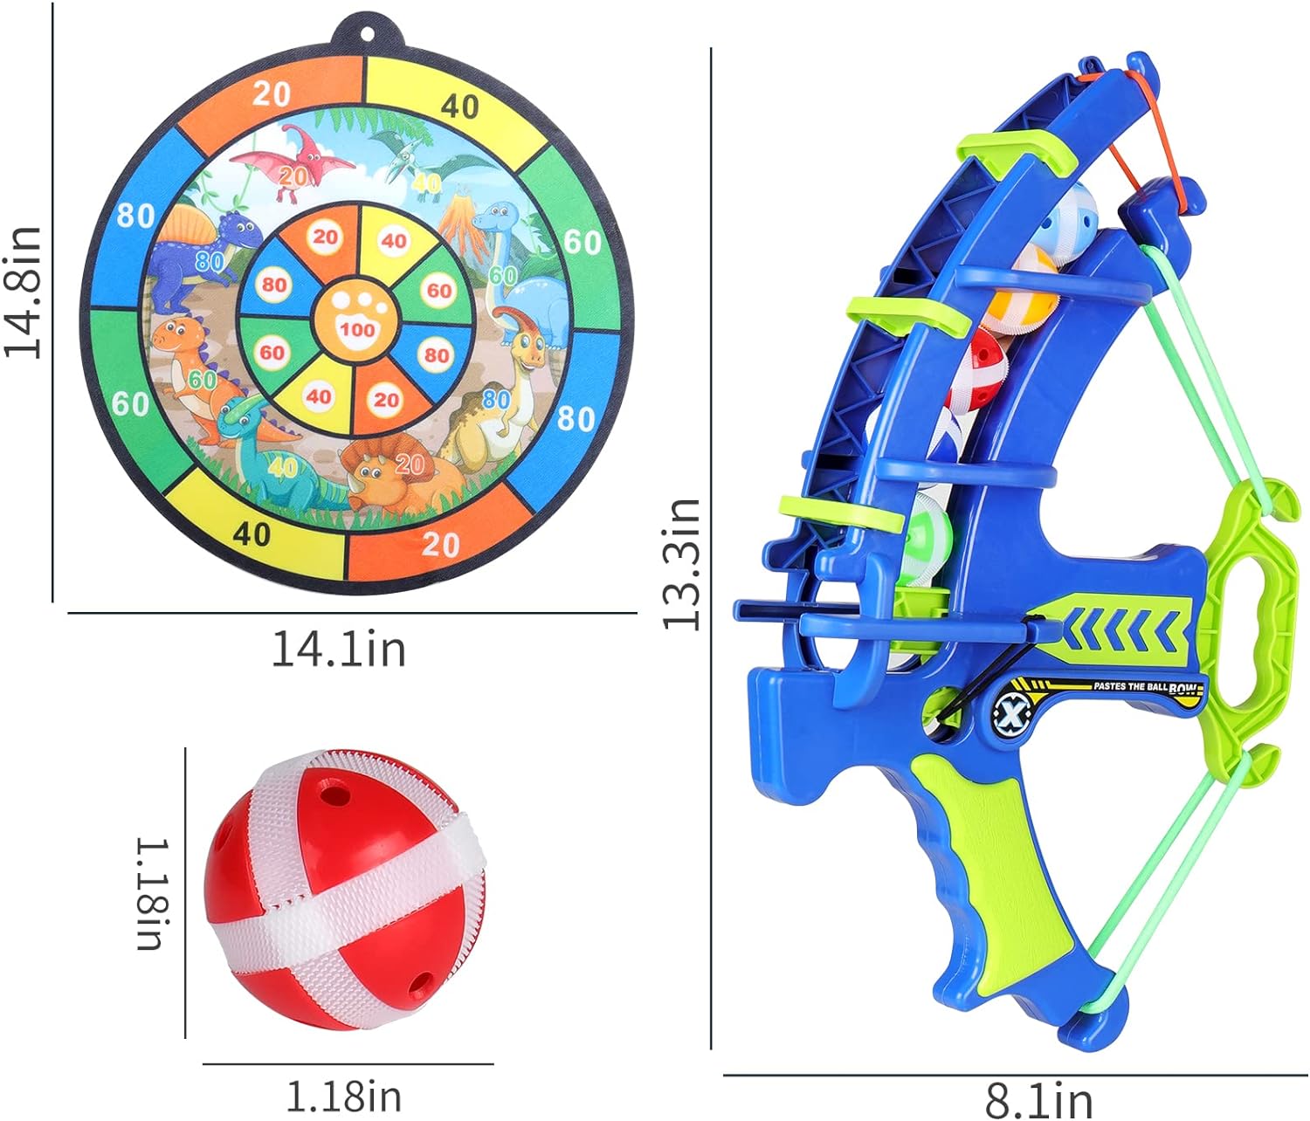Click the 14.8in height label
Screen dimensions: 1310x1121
(x=23, y=292)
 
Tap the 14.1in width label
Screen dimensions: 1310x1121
(x=339, y=650)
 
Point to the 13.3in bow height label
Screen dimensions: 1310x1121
(x=680, y=565)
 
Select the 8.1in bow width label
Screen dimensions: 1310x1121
(x=1038, y=1102)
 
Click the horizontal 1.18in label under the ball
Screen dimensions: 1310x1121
(x=344, y=1097)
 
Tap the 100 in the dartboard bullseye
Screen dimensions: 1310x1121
(x=357, y=329)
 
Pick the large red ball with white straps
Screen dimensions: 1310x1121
(x=346, y=893)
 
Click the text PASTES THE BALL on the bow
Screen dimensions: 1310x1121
(x=1130, y=685)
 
